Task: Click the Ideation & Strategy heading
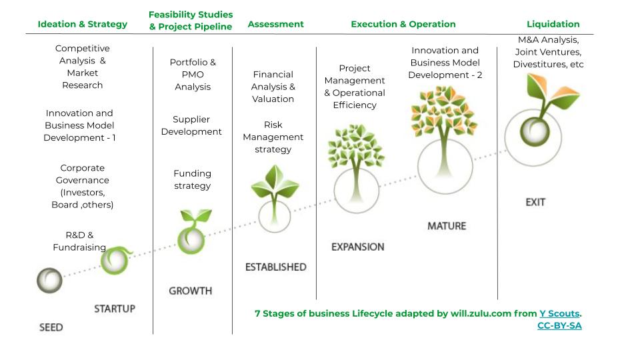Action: click(83, 24)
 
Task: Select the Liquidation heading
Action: click(553, 24)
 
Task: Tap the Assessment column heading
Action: click(275, 24)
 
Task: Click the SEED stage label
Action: click(51, 327)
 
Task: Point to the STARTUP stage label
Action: click(115, 309)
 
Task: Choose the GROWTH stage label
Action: click(191, 291)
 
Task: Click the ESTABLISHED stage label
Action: click(276, 267)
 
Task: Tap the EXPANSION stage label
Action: click(358, 247)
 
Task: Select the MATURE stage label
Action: click(447, 226)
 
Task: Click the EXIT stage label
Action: click(535, 202)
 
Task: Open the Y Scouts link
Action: click(559, 313)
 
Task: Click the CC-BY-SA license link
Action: click(559, 326)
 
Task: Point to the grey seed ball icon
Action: click(49, 281)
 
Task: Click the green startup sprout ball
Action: click(115, 260)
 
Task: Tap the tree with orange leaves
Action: click(445, 139)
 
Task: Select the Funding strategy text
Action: click(192, 179)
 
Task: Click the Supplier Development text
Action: click(191, 125)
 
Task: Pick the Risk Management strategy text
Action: click(273, 137)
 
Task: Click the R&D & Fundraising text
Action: click(79, 241)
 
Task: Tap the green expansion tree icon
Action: click(356, 168)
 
